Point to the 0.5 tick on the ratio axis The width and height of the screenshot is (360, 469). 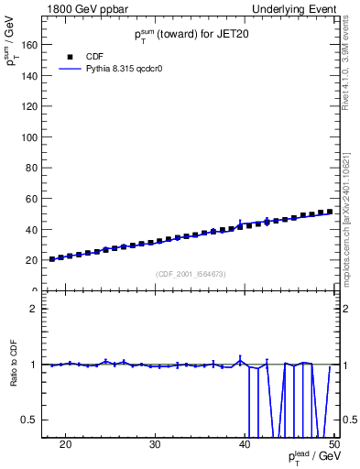(x=31, y=420)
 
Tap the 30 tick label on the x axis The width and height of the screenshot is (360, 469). (x=155, y=445)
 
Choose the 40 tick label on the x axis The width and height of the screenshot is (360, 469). (x=245, y=445)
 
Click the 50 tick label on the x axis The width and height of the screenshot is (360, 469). (x=333, y=445)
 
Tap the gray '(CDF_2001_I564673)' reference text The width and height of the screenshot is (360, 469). (x=191, y=274)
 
